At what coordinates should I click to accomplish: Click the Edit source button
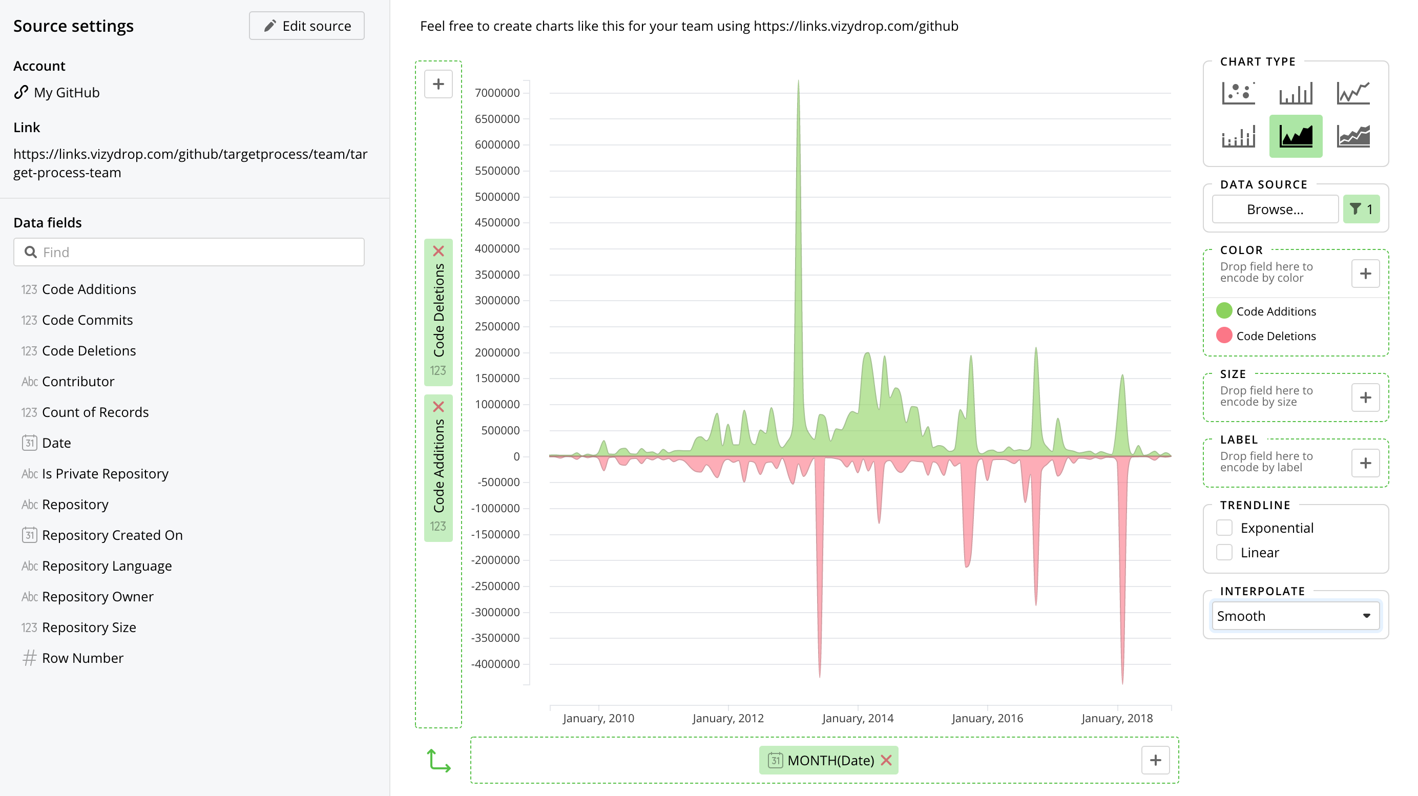[x=307, y=26]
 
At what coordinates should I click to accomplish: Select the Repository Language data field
[x=106, y=566]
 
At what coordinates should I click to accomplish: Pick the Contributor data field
[x=78, y=382]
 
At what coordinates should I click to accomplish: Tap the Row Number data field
[x=82, y=658]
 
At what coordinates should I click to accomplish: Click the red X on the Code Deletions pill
[x=438, y=252]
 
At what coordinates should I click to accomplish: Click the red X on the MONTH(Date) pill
[x=886, y=760]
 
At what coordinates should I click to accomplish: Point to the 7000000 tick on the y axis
[x=497, y=93]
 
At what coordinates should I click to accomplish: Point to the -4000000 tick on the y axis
[x=495, y=664]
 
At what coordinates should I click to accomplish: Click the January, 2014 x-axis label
[x=858, y=718]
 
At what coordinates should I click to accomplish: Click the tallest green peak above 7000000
[x=798, y=82]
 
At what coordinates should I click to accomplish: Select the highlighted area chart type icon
[x=1296, y=136]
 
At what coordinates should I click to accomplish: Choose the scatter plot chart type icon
[x=1239, y=93]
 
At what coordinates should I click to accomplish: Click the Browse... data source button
[x=1275, y=209]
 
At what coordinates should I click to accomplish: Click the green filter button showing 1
[x=1361, y=209]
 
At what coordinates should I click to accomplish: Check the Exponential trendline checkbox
[x=1224, y=528]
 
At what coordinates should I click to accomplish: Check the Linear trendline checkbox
[x=1224, y=553]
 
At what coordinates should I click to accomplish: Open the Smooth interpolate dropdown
[x=1295, y=616]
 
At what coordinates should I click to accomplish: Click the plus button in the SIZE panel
[x=1365, y=397]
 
